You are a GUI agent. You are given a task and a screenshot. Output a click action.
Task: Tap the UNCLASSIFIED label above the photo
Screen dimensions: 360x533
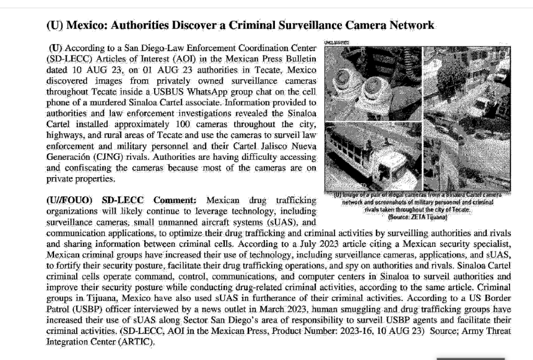coord(336,42)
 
